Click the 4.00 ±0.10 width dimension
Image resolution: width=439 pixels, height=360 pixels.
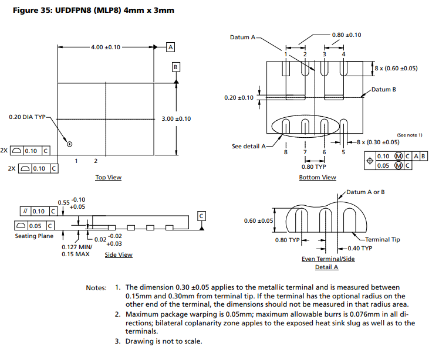(x=106, y=47)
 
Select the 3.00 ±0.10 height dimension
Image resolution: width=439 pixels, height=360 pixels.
(x=176, y=119)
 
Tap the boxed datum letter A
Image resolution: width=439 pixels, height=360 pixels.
(x=171, y=47)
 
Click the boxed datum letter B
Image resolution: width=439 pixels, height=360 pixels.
(x=175, y=67)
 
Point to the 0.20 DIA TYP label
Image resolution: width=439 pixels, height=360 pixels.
(x=27, y=117)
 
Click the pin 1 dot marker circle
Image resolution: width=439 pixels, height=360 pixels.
(x=69, y=144)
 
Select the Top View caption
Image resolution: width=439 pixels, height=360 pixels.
(x=109, y=177)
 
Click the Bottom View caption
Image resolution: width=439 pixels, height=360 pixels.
(x=318, y=177)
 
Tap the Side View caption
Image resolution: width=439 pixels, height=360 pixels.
(x=119, y=255)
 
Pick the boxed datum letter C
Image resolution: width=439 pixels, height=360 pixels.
(x=201, y=216)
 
